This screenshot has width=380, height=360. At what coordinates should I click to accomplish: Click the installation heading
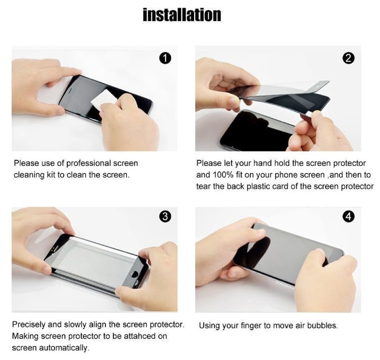tap(182, 14)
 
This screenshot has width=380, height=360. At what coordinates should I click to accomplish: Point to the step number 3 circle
tap(165, 216)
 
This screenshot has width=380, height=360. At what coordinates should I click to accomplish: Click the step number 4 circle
tap(348, 216)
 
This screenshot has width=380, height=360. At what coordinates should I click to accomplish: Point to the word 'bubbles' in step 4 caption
tap(323, 325)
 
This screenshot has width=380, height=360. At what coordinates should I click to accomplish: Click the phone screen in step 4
tap(288, 252)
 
